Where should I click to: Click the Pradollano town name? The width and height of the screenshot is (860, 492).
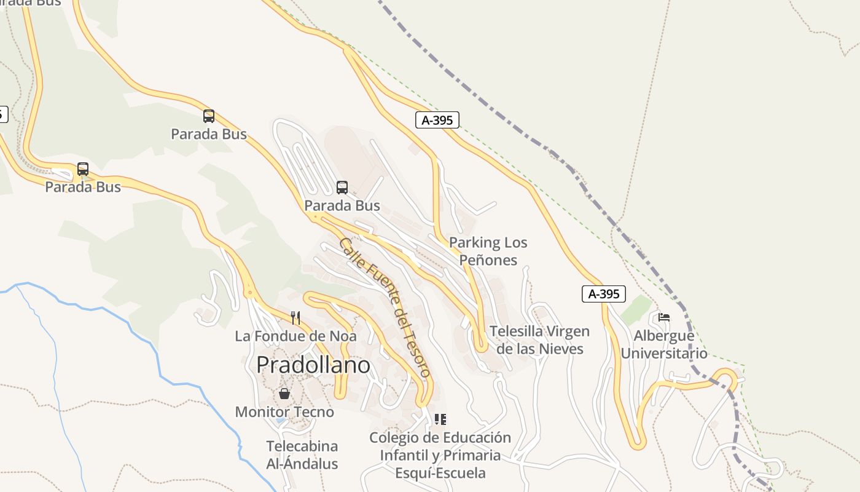pyautogui.click(x=313, y=365)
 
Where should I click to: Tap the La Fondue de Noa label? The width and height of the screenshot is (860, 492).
pyautogui.click(x=295, y=336)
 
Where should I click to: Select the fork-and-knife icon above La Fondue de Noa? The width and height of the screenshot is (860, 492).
pyautogui.click(x=295, y=317)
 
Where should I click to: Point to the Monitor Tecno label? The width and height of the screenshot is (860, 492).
pyautogui.click(x=284, y=412)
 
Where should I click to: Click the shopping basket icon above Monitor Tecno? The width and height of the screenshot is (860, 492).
pyautogui.click(x=284, y=394)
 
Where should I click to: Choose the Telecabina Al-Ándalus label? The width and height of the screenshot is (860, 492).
pyautogui.click(x=302, y=454)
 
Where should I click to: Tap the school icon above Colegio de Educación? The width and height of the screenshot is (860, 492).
pyautogui.click(x=440, y=419)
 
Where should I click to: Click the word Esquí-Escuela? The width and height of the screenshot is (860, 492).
pyautogui.click(x=440, y=473)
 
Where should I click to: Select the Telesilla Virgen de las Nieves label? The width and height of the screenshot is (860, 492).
pyautogui.click(x=539, y=340)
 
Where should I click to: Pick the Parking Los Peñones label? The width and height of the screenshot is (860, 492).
pyautogui.click(x=488, y=251)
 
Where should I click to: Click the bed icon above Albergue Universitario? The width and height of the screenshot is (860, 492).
pyautogui.click(x=663, y=317)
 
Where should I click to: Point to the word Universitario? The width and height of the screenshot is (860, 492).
pyautogui.click(x=664, y=354)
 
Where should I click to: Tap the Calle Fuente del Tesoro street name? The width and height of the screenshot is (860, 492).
pyautogui.click(x=385, y=307)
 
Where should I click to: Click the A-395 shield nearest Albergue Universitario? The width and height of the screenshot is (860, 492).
pyautogui.click(x=603, y=294)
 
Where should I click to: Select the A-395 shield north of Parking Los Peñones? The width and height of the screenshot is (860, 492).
pyautogui.click(x=437, y=120)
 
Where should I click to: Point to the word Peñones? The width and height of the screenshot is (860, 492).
pyautogui.click(x=488, y=260)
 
